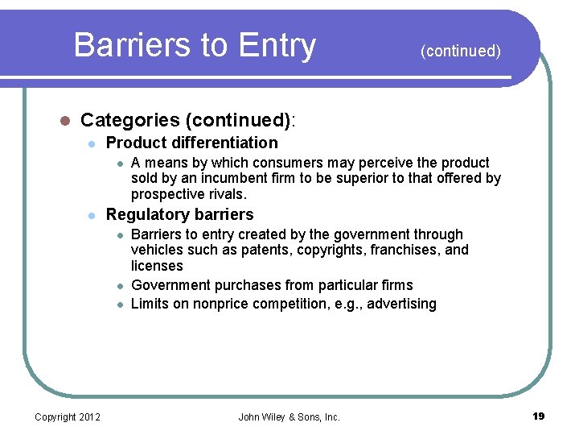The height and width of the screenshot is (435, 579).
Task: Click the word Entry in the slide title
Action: [x=275, y=45]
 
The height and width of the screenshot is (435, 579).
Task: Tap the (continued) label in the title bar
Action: [x=460, y=52]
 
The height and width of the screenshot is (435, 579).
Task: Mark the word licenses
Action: [x=157, y=266]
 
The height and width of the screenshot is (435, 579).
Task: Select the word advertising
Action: [x=402, y=304]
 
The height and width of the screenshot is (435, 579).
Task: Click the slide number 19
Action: [x=538, y=416]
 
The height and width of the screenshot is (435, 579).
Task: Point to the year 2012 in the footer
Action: [x=88, y=417]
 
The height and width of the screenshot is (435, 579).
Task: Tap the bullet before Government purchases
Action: [x=118, y=285]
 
